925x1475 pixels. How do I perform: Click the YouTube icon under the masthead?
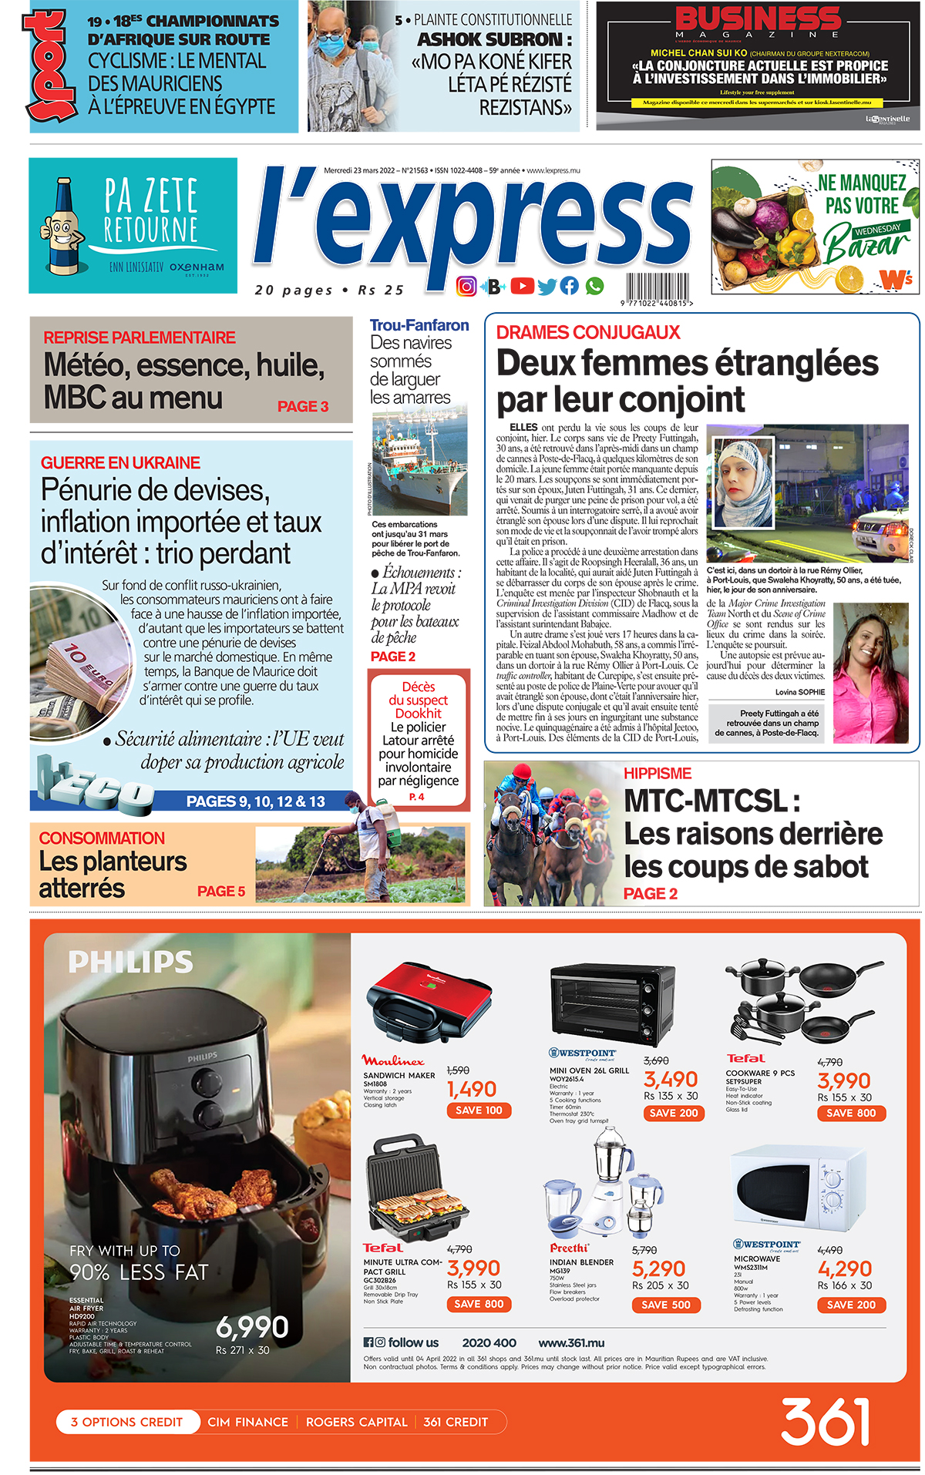522,286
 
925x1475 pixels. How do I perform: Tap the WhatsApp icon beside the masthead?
594,286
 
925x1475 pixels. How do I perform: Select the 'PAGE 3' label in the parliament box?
303,406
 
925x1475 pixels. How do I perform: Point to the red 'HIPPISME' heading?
657,773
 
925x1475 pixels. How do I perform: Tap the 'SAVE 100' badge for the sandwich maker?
479,1110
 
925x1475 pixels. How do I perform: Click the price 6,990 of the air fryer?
252,1327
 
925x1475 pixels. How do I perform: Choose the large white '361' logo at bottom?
826,1421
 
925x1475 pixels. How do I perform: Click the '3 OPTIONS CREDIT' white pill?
127,1422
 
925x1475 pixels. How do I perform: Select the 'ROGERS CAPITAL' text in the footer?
356,1422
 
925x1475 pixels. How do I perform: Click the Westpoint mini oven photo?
613,1001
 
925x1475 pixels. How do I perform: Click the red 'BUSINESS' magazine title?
758,18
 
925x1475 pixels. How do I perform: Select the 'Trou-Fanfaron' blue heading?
419,325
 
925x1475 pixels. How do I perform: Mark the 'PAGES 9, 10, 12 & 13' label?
256,801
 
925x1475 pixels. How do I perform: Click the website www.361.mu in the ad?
571,1342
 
